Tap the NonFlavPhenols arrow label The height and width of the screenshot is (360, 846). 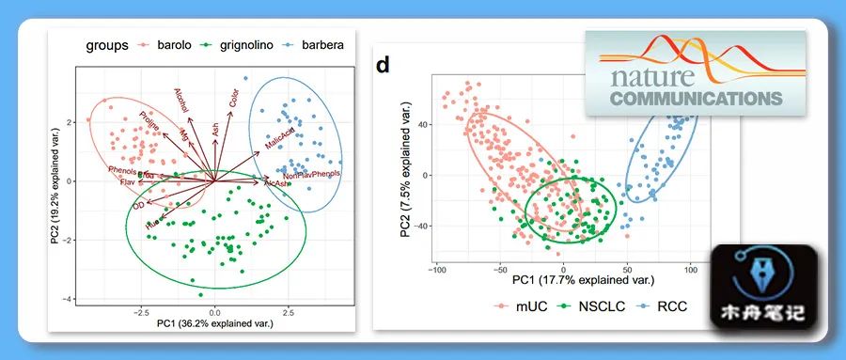click(x=311, y=175)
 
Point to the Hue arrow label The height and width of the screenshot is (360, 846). click(x=151, y=224)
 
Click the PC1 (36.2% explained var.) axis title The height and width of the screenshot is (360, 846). click(x=214, y=325)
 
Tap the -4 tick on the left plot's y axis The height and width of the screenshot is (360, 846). click(x=70, y=299)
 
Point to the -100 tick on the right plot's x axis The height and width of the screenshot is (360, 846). click(x=438, y=271)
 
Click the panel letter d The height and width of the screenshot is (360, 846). click(x=383, y=66)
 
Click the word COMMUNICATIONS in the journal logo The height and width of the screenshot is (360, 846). click(x=696, y=97)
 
